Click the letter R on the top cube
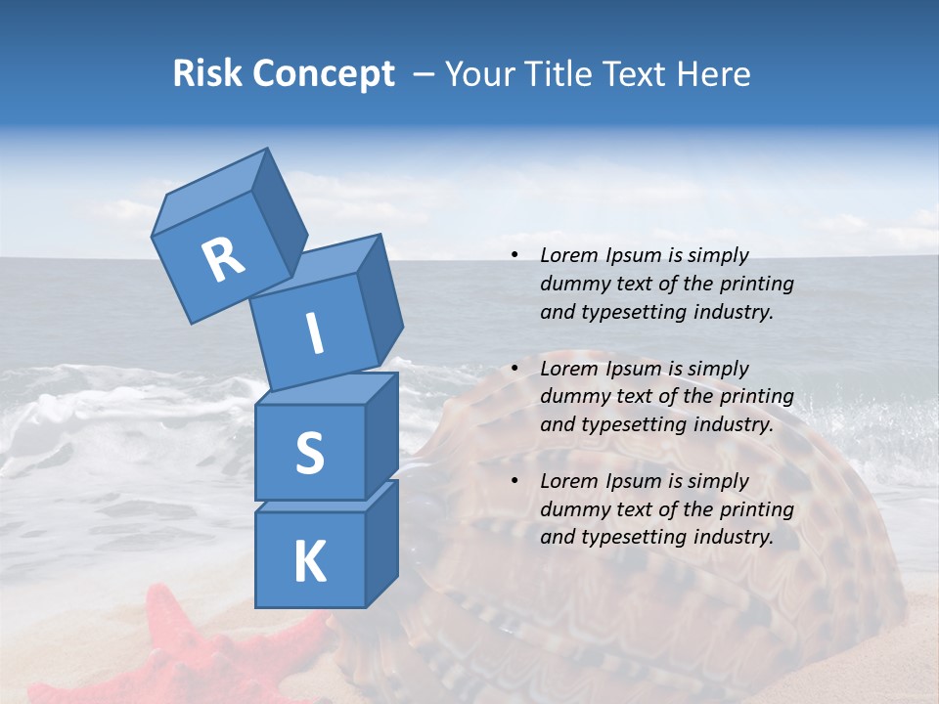pyautogui.click(x=223, y=259)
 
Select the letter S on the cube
pyautogui.click(x=309, y=453)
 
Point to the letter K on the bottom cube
pyautogui.click(x=309, y=562)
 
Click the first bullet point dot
pyautogui.click(x=514, y=256)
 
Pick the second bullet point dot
pyautogui.click(x=514, y=369)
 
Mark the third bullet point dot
pyautogui.click(x=514, y=481)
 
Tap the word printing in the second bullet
pyautogui.click(x=756, y=397)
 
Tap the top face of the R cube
pyautogui.click(x=211, y=192)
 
